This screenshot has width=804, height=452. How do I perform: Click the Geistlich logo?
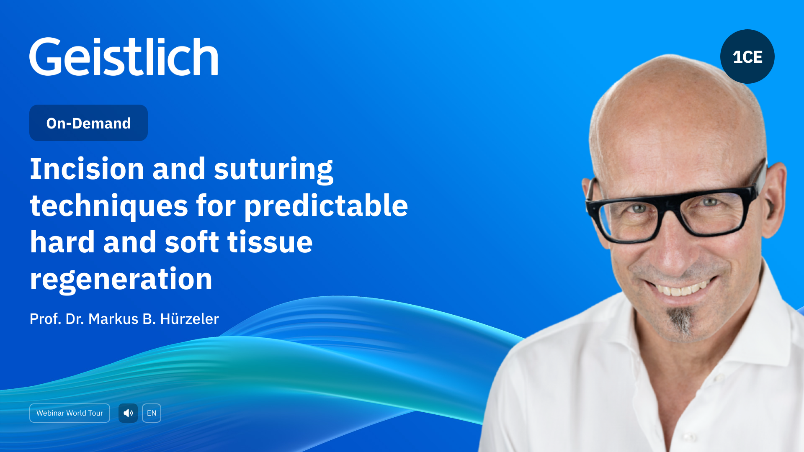tap(124, 56)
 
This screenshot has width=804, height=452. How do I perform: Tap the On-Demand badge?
tap(88, 123)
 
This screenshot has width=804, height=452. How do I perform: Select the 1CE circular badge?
tap(747, 56)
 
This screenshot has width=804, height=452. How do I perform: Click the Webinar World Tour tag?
tap(70, 413)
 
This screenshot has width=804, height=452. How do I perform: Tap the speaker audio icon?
tap(128, 413)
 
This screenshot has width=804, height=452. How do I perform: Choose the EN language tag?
tap(152, 413)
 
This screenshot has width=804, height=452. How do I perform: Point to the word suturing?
tap(273, 169)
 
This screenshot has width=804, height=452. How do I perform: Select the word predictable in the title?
tap(326, 205)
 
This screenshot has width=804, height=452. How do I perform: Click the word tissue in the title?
tap(270, 242)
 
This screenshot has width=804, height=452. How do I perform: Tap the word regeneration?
tap(121, 279)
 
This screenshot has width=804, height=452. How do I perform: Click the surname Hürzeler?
tap(189, 319)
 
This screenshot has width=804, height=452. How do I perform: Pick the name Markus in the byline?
tap(113, 319)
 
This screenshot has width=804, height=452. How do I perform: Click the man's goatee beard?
tap(682, 320)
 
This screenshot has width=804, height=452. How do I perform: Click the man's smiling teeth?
tap(680, 289)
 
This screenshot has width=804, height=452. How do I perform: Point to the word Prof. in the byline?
tap(45, 319)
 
